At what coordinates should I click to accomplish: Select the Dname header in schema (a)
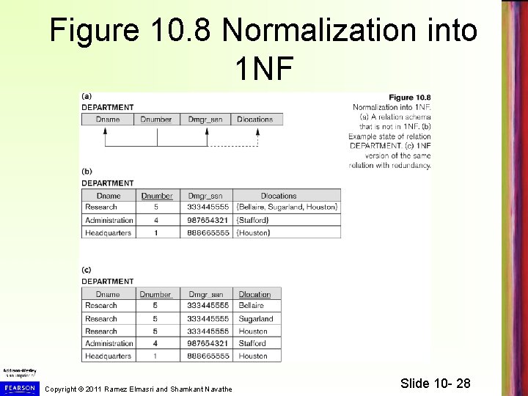106,119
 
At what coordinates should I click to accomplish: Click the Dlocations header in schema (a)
255,119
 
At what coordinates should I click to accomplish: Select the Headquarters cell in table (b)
108,232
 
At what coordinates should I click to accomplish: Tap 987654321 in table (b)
209,220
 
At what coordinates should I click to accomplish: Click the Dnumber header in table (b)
156,196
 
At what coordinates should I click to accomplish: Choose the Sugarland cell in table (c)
256,319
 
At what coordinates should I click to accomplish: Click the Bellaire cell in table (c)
253,306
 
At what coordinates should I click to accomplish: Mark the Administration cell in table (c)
109,343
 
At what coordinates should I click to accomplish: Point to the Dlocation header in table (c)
254,294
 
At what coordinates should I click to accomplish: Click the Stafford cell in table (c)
253,343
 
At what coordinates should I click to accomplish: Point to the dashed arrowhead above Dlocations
257,129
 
